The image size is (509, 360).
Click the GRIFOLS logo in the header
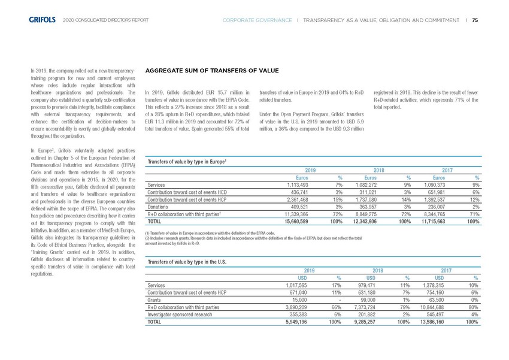(x=43, y=20)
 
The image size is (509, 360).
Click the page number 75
(x=475, y=20)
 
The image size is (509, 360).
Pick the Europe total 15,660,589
(x=303, y=222)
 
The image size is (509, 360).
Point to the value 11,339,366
(x=303, y=213)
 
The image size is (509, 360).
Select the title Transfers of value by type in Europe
(x=186, y=161)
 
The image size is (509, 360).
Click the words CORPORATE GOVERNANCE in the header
(x=257, y=20)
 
